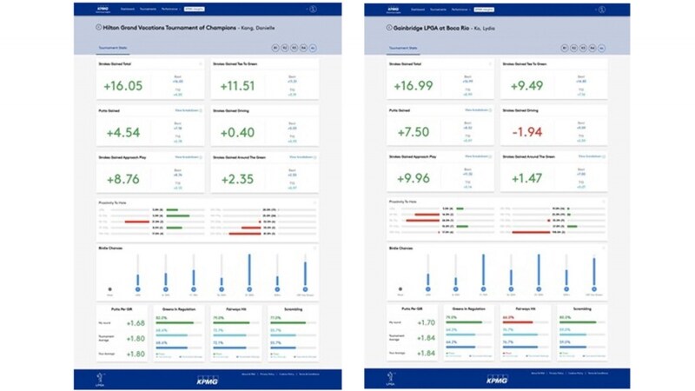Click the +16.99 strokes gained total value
click(414, 85)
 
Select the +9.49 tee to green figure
click(527, 85)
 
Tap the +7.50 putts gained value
click(414, 132)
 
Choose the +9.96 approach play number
click(414, 179)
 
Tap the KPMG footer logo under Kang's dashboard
click(208, 380)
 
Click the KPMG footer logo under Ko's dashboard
click(495, 380)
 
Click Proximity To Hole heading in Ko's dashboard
click(402, 202)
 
